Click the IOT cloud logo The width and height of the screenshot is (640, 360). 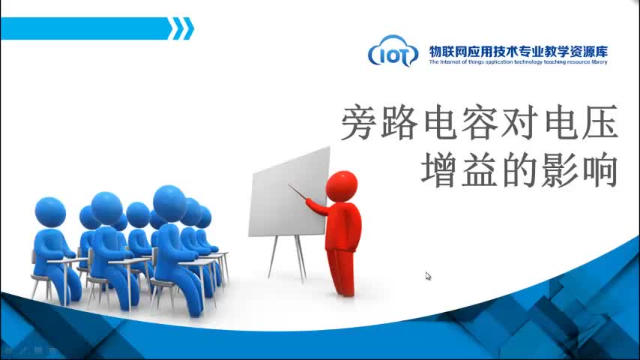click(x=393, y=51)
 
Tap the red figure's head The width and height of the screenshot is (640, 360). click(x=342, y=187)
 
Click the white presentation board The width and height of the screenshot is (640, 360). click(x=289, y=193)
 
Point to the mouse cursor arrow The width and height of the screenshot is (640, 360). click(x=428, y=276)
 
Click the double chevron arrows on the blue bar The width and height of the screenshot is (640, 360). click(x=181, y=28)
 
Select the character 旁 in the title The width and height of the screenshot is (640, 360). click(x=359, y=122)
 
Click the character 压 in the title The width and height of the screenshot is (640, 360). click(x=600, y=122)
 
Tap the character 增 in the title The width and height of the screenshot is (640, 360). click(x=439, y=169)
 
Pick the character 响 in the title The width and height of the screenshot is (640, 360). click(x=600, y=169)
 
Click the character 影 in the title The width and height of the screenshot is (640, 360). click(x=560, y=169)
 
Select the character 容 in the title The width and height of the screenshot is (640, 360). click(x=479, y=122)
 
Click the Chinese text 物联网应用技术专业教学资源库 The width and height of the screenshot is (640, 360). click(x=519, y=52)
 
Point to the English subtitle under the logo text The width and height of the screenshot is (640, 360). click(x=518, y=62)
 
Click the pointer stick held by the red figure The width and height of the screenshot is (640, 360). click(x=298, y=192)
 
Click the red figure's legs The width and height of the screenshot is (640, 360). click(x=341, y=271)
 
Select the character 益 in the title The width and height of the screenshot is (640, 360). click(x=479, y=169)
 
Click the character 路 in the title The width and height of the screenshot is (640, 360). click(x=399, y=122)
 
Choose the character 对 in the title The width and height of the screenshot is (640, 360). click(x=519, y=122)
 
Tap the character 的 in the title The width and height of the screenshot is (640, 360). click(x=519, y=169)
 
